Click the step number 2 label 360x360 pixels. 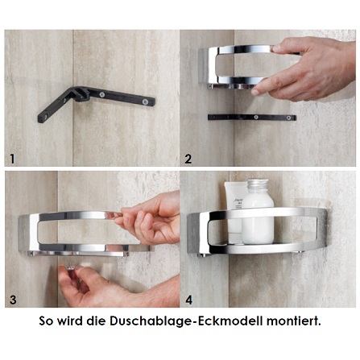(188, 159)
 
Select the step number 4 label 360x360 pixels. (188, 300)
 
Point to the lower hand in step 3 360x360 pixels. (113, 286)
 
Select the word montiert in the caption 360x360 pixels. (293, 321)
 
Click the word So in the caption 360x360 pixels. (47, 321)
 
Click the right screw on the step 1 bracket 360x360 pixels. (147, 101)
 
